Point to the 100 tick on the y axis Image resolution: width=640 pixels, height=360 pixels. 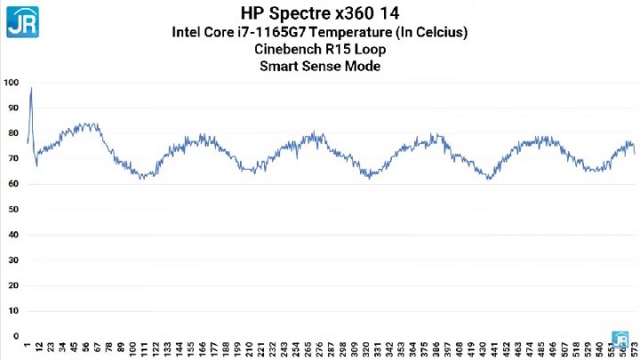pyautogui.click(x=11, y=83)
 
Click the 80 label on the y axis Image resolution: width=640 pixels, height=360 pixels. pyautogui.click(x=12, y=133)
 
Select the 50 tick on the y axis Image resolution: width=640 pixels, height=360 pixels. pyautogui.click(x=12, y=210)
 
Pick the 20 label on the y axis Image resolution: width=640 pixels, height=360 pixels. pyautogui.click(x=12, y=286)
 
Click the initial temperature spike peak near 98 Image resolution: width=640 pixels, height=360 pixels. pyautogui.click(x=31, y=88)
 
